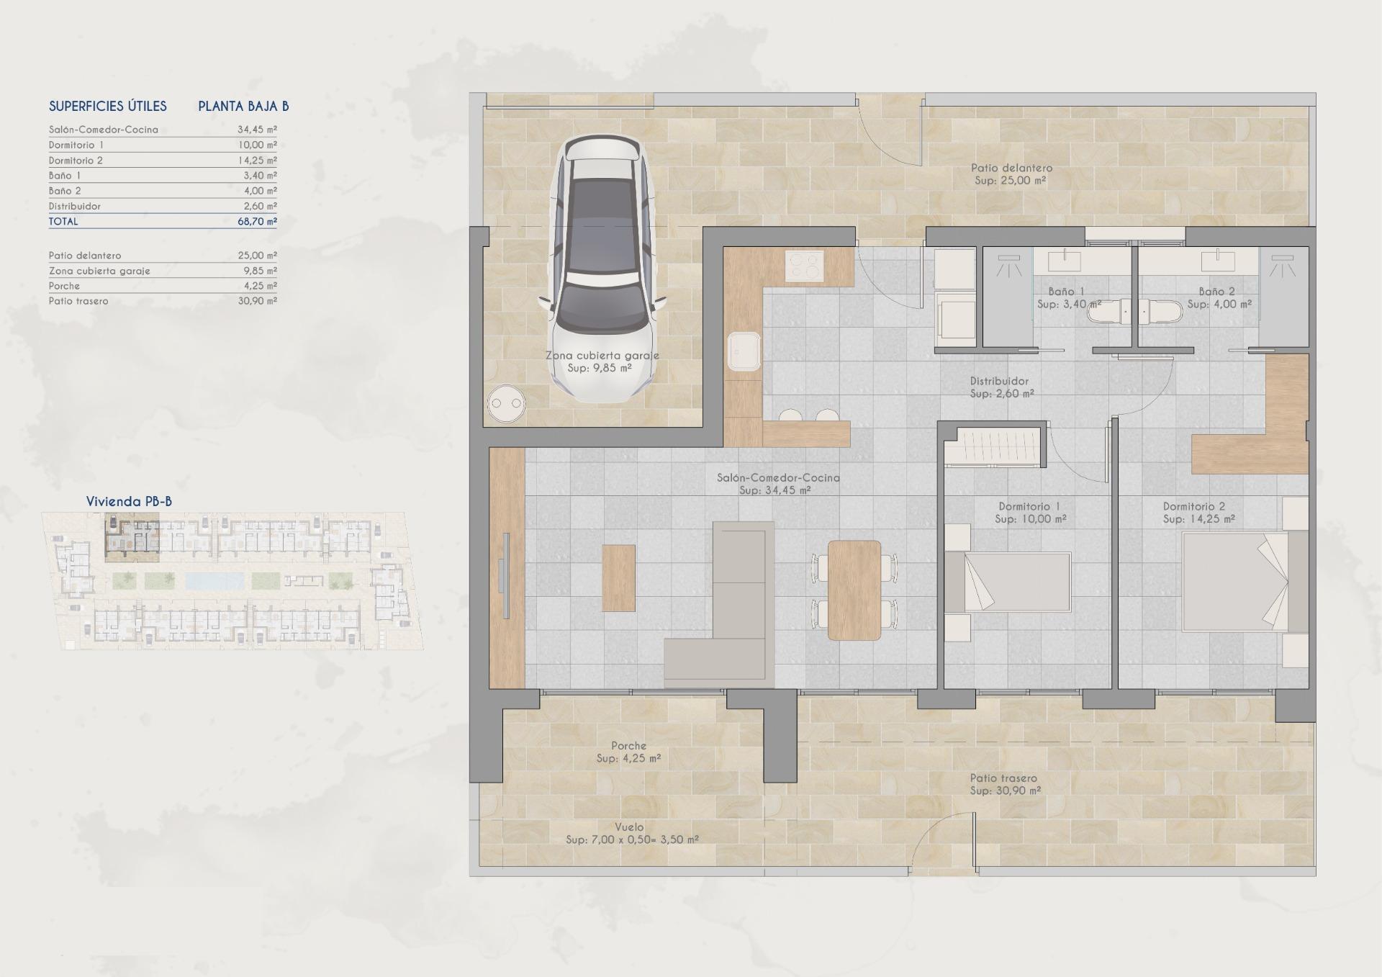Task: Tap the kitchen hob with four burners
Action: tap(804, 266)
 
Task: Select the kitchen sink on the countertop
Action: tap(743, 351)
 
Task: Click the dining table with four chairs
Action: tap(854, 590)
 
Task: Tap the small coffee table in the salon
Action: tap(618, 577)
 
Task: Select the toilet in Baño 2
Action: tap(1163, 311)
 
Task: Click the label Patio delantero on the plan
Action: tap(1011, 168)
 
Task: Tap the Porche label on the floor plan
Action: tap(628, 746)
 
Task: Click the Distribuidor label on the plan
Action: tap(999, 381)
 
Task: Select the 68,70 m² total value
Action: tap(257, 222)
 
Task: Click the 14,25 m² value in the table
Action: tap(257, 161)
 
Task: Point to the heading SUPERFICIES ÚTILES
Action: tap(108, 107)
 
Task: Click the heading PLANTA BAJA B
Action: tap(243, 107)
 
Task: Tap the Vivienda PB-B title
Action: tap(129, 502)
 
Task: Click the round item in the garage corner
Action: tap(506, 404)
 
